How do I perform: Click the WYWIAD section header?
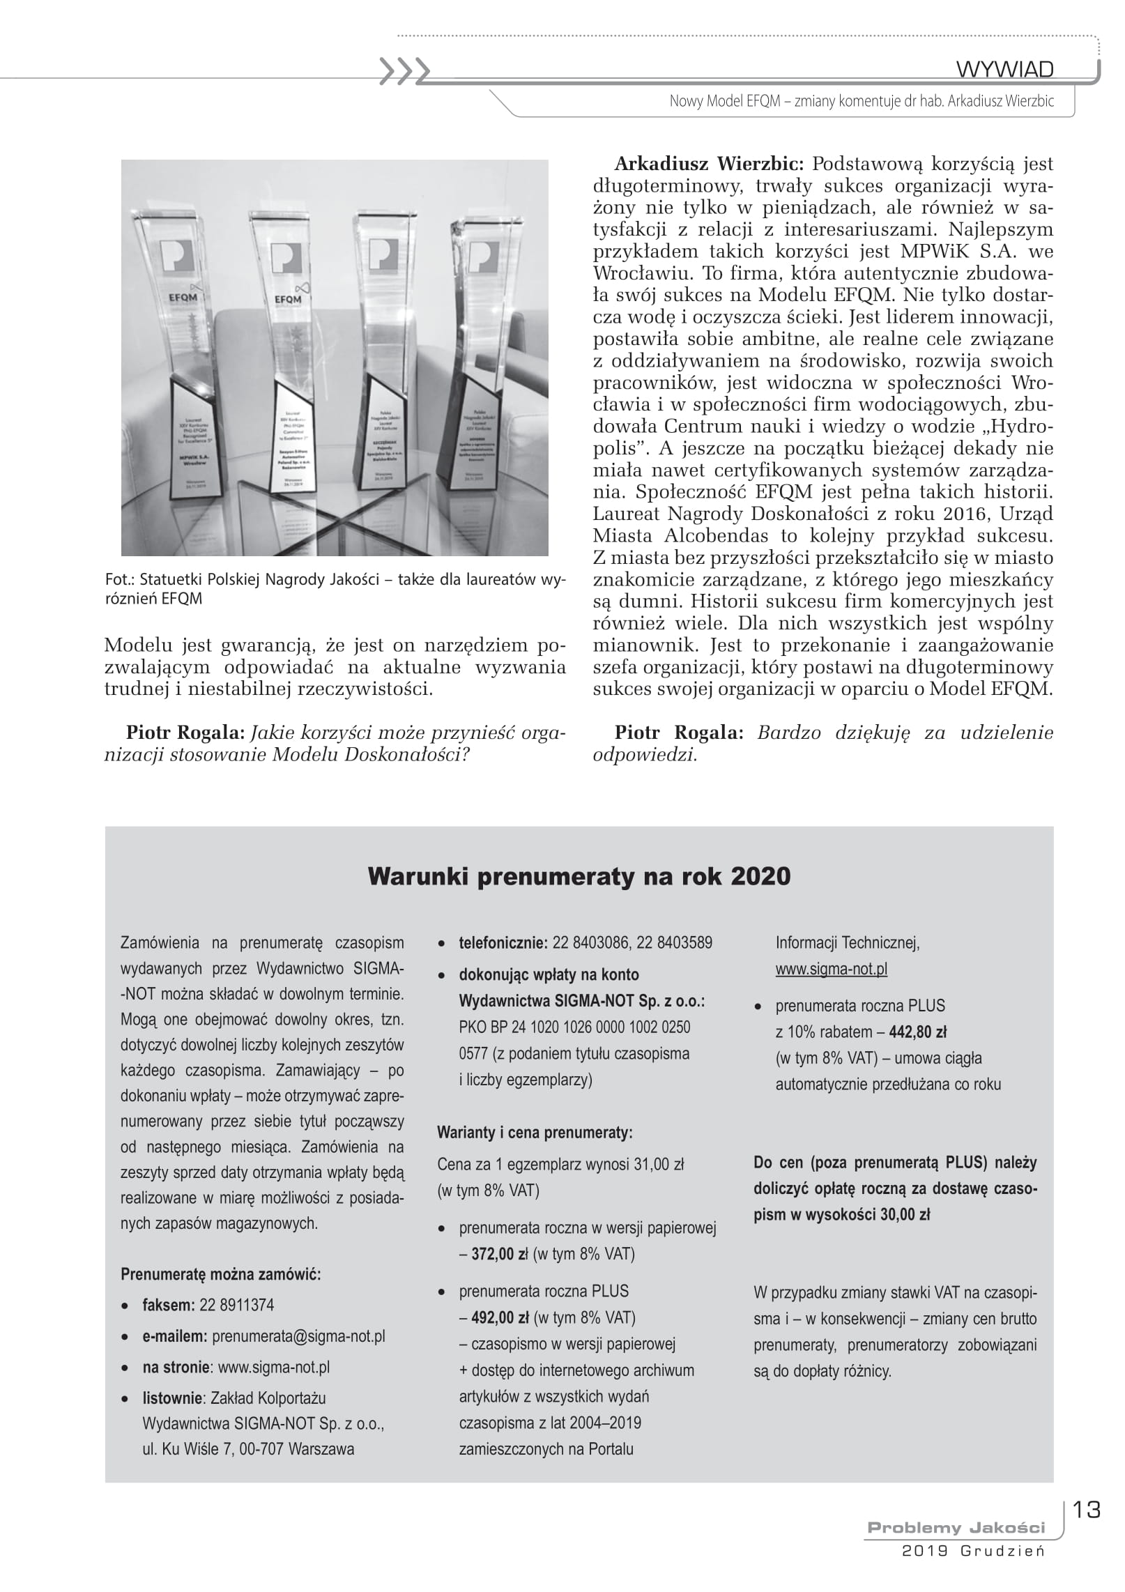(1004, 70)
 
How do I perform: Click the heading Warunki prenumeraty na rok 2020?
(579, 876)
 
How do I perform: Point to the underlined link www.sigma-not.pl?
(831, 969)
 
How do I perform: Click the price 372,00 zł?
(500, 1254)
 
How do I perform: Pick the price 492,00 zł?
(500, 1317)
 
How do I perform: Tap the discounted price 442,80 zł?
(917, 1032)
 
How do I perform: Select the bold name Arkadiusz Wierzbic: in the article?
(709, 164)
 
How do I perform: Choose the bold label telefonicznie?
(503, 943)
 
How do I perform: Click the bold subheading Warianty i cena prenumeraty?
(535, 1133)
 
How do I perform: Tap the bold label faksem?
(168, 1305)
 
